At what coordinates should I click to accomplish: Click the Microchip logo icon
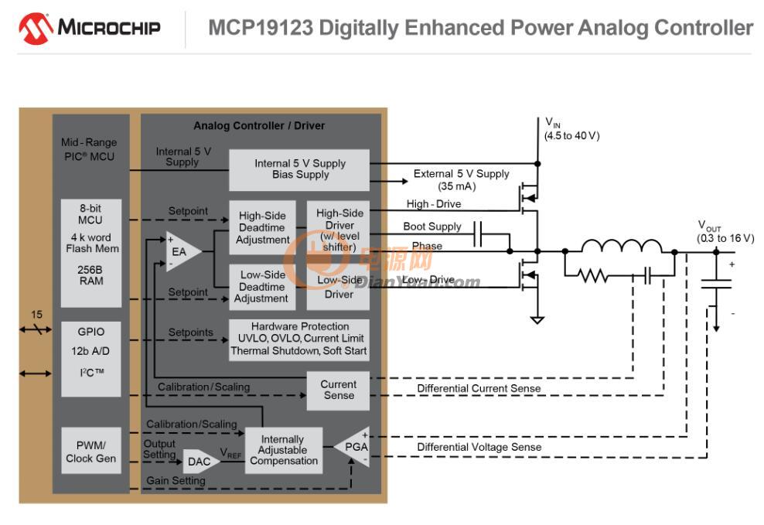point(36,29)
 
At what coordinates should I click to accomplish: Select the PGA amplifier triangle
point(353,447)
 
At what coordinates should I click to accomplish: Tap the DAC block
point(200,461)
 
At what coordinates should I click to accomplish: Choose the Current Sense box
point(338,390)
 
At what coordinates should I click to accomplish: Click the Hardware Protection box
point(299,339)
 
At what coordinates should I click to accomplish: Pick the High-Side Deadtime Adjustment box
point(262,227)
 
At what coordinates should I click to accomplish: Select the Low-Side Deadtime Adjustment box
point(262,287)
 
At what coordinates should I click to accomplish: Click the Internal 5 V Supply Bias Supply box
point(299,169)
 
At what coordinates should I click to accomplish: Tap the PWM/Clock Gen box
point(91,452)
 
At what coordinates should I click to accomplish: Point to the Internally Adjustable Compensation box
point(284,450)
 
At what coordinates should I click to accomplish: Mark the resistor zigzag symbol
point(592,276)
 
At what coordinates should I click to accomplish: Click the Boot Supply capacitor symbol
point(478,234)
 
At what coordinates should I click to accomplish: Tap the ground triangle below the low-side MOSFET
point(537,320)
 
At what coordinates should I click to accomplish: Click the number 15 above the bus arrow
point(36,315)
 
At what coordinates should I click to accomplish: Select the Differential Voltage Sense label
point(479,447)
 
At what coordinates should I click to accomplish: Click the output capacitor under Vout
point(716,284)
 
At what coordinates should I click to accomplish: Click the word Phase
point(427,246)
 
